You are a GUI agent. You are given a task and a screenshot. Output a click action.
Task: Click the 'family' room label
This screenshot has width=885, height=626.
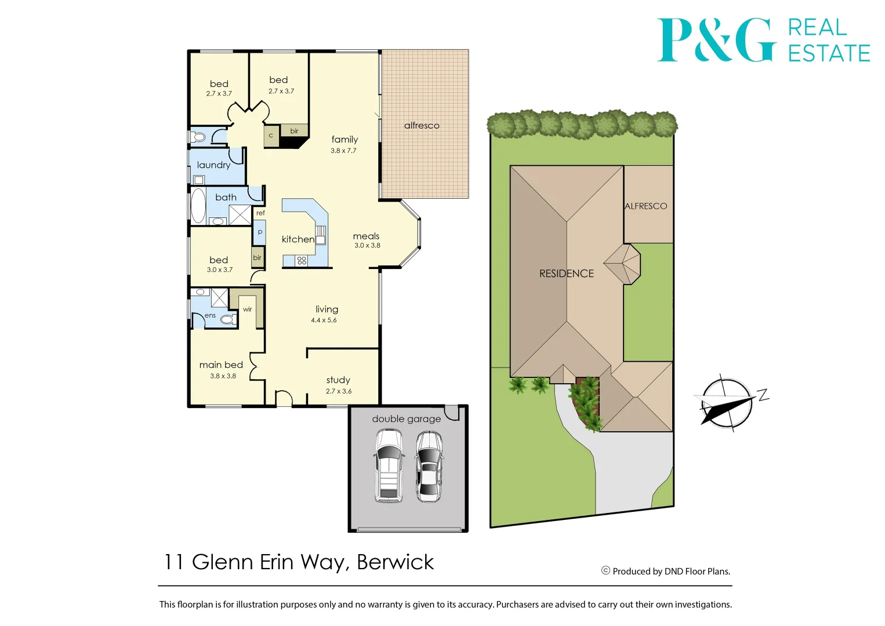344,140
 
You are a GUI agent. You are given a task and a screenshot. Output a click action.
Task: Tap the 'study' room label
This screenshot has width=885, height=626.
338,380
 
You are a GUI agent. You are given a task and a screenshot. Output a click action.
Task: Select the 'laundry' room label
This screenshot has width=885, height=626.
213,165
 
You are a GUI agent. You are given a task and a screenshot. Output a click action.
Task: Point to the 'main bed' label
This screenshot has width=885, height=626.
221,365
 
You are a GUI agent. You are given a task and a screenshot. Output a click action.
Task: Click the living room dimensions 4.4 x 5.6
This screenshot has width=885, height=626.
324,321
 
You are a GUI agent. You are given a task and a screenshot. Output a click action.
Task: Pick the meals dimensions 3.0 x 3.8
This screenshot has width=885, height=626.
367,246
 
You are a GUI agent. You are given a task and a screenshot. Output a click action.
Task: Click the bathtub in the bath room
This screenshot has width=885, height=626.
198,205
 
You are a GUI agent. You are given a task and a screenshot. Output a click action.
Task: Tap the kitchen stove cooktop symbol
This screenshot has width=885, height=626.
302,261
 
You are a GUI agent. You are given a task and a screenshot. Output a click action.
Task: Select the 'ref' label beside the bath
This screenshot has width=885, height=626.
260,213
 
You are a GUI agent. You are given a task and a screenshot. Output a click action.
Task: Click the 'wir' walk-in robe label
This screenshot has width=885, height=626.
248,310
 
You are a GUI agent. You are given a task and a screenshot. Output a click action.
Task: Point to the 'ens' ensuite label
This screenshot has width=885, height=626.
210,316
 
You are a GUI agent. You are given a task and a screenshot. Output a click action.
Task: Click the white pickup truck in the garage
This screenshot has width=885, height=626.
389,465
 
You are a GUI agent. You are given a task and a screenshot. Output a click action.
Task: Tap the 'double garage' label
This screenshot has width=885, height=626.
406,419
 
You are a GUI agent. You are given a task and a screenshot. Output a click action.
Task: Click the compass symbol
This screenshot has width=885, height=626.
727,403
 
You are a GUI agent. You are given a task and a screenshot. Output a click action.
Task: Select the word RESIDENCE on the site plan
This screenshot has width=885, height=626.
567,274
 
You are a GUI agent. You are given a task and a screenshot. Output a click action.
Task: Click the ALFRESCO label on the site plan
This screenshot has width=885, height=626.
645,206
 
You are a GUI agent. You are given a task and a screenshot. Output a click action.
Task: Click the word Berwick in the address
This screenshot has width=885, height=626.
395,562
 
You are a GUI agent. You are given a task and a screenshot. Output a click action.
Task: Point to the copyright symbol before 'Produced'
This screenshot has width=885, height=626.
605,571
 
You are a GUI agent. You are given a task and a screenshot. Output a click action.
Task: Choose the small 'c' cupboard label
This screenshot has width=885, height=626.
271,136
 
